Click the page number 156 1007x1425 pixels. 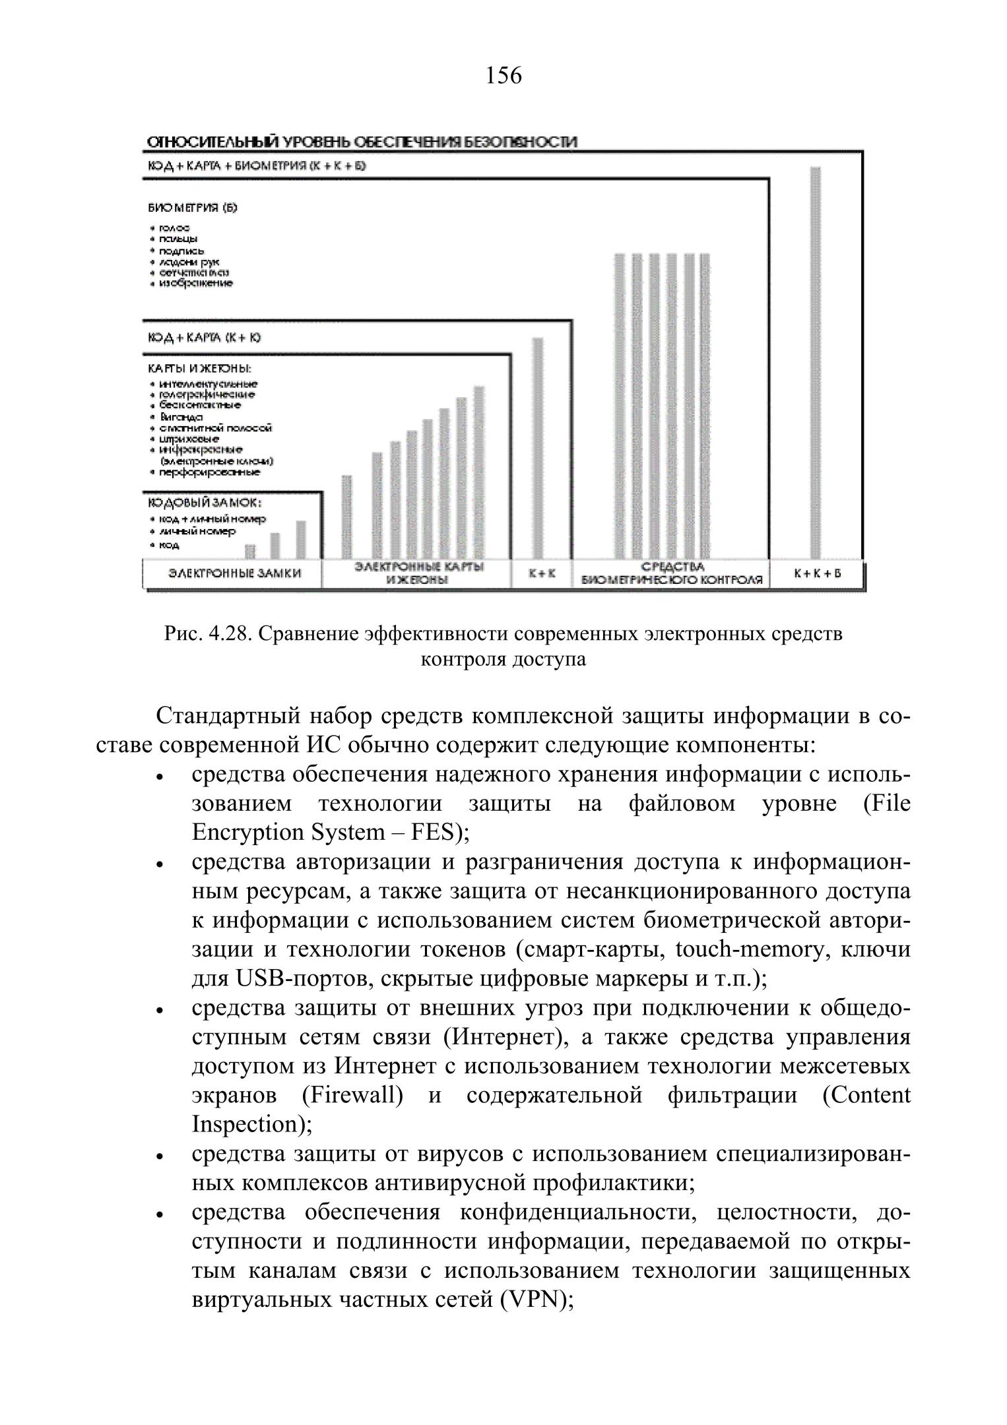click(503, 76)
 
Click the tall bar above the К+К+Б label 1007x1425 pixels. click(816, 363)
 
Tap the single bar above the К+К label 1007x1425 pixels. click(538, 449)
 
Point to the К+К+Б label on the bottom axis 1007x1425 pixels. click(818, 573)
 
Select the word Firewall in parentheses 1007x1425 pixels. click(352, 1095)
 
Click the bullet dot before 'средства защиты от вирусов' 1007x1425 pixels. click(159, 1158)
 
